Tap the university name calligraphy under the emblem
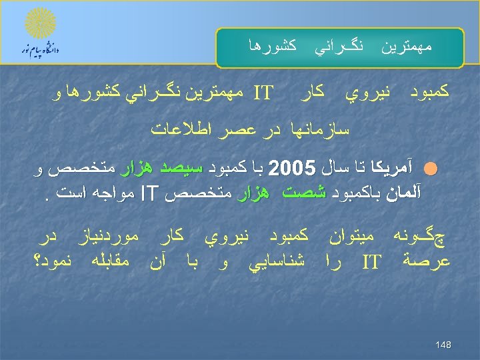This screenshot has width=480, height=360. [x=41, y=49]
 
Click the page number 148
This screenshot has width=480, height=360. [x=443, y=345]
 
